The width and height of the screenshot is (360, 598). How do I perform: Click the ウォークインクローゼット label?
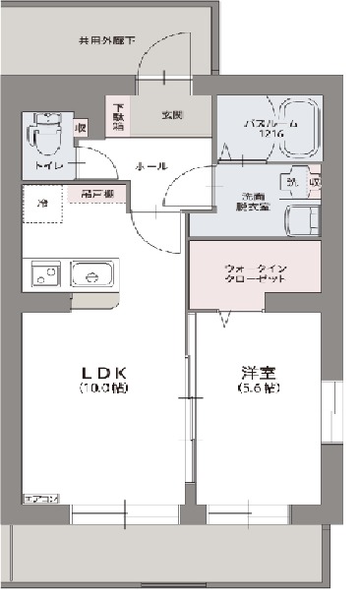point(256,272)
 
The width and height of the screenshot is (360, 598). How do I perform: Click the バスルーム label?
point(262,124)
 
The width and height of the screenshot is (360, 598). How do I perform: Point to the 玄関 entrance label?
point(173,114)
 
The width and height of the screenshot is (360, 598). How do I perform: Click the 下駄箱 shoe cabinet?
point(118,117)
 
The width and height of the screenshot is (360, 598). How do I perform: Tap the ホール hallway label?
point(150,164)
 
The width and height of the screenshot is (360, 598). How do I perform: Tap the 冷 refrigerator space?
point(44,204)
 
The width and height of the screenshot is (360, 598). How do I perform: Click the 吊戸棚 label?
point(96,195)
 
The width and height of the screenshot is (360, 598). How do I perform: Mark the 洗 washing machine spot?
point(292,181)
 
